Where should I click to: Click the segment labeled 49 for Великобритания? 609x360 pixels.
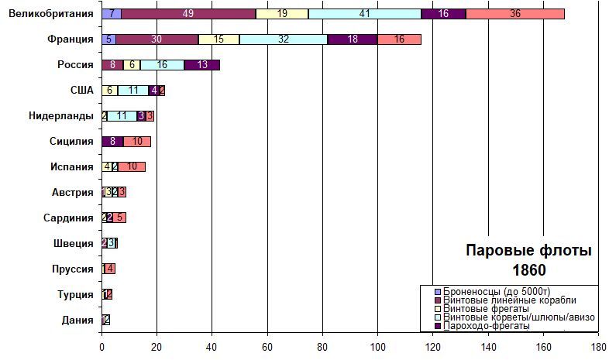[188, 14]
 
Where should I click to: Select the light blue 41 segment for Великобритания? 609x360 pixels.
[364, 14]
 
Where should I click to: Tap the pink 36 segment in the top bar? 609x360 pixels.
[515, 14]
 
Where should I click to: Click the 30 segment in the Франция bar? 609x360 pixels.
[157, 39]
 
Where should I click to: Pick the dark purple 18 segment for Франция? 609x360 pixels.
[353, 39]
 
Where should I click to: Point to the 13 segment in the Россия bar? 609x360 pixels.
[202, 65]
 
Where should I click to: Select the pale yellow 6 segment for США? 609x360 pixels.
[109, 91]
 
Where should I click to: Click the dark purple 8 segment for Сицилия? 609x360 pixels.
[112, 142]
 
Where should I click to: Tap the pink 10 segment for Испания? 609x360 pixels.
[132, 167]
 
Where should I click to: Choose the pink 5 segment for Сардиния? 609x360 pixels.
[119, 218]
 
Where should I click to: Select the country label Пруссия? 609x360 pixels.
[74, 269]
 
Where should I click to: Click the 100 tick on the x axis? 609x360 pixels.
[377, 348]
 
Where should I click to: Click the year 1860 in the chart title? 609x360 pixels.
[528, 270]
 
